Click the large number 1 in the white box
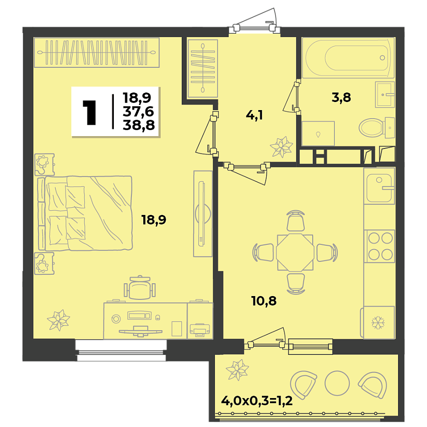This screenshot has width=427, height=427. (x=89, y=112)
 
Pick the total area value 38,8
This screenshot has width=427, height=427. (x=137, y=125)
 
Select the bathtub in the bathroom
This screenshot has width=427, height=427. (x=349, y=58)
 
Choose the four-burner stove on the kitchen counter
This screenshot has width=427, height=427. (x=380, y=246)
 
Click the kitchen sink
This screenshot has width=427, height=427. (x=379, y=186)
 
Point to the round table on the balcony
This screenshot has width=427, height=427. (x=337, y=381)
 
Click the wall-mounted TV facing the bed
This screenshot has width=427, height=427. (x=203, y=214)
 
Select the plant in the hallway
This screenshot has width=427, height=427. (x=281, y=147)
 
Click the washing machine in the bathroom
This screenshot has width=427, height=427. (x=318, y=133)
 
